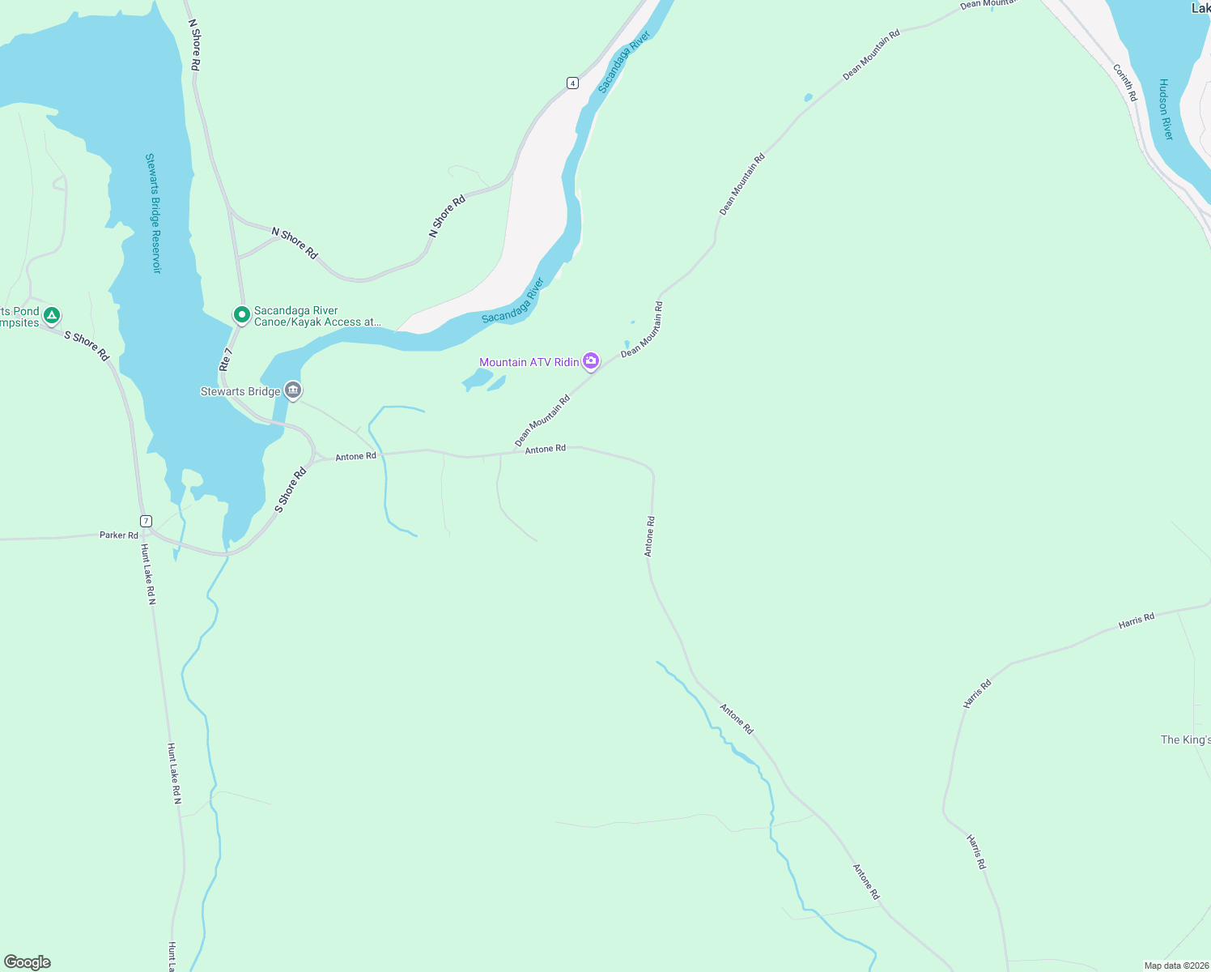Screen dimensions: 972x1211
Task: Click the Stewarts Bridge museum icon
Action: click(x=293, y=390)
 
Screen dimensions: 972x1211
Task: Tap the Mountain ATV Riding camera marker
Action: click(x=592, y=360)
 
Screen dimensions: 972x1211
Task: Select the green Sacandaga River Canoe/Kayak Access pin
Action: click(x=241, y=313)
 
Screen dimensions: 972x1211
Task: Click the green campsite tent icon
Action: click(x=52, y=314)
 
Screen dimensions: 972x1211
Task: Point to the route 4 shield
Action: click(x=572, y=83)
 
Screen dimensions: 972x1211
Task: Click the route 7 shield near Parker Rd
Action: click(x=146, y=521)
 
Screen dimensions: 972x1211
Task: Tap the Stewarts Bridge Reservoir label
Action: click(x=153, y=213)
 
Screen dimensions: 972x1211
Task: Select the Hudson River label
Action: click(x=1165, y=109)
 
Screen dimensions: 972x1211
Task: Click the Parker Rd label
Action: click(x=118, y=535)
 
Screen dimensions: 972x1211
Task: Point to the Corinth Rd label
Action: click(x=1125, y=83)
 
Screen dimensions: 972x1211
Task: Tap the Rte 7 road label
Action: click(x=226, y=360)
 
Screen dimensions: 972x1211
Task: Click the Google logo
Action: click(x=28, y=962)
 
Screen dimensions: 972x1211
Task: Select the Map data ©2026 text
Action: click(x=1175, y=966)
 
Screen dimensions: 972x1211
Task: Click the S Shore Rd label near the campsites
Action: click(x=87, y=346)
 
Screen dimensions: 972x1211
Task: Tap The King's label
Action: click(x=1185, y=740)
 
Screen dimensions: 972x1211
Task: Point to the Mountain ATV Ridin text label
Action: click(x=529, y=362)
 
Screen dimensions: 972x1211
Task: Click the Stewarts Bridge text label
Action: click(x=240, y=391)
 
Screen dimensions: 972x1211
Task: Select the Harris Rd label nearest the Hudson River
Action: click(x=1136, y=621)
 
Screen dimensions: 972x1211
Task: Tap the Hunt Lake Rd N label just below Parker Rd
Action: click(x=148, y=574)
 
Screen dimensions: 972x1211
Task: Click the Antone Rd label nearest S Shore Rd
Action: click(x=356, y=457)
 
